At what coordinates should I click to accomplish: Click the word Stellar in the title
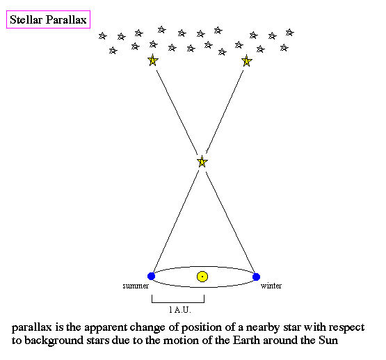(x=26, y=19)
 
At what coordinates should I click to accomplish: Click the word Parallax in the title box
(x=67, y=19)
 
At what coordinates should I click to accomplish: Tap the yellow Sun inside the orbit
(x=202, y=277)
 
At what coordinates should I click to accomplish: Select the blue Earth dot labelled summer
(x=151, y=276)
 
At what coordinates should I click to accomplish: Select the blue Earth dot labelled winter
(x=256, y=277)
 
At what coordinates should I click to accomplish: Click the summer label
(x=136, y=286)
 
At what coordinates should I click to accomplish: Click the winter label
(x=271, y=286)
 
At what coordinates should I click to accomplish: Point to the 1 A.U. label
(x=180, y=309)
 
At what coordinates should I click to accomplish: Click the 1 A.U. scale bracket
(x=178, y=302)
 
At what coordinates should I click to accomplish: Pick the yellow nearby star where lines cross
(x=202, y=162)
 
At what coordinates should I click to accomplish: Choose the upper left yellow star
(x=152, y=60)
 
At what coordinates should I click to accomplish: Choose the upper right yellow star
(x=246, y=60)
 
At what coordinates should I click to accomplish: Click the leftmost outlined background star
(x=102, y=36)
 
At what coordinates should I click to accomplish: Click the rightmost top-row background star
(x=290, y=33)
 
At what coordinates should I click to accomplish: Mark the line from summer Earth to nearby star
(x=176, y=221)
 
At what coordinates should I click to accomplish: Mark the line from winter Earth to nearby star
(x=230, y=222)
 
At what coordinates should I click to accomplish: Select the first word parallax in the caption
(x=32, y=328)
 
